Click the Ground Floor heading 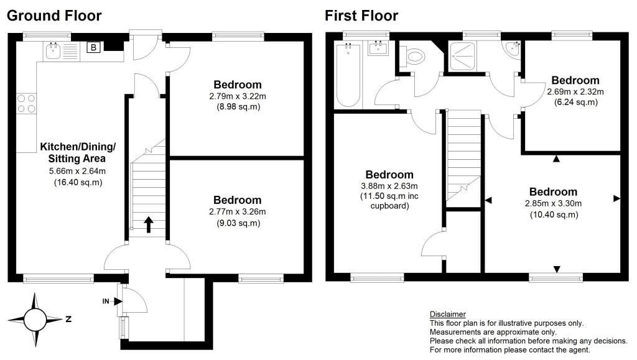pyautogui.click(x=54, y=16)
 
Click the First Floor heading pyautogui.click(x=361, y=16)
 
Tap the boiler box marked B pyautogui.click(x=93, y=47)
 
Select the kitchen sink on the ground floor pyautogui.click(x=53, y=51)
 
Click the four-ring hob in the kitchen pyautogui.click(x=26, y=103)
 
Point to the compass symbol pyautogui.click(x=35, y=320)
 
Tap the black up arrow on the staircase pyautogui.click(x=149, y=224)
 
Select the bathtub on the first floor pyautogui.click(x=346, y=75)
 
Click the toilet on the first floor pyautogui.click(x=413, y=58)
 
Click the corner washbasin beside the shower pyautogui.click(x=513, y=48)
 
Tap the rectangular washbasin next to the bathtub pyautogui.click(x=378, y=48)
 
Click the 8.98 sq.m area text pyautogui.click(x=237, y=106)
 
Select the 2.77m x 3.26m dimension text pyautogui.click(x=237, y=211)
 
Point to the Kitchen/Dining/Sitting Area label pyautogui.click(x=78, y=153)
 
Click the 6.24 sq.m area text pyautogui.click(x=575, y=102)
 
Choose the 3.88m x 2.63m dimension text pyautogui.click(x=389, y=186)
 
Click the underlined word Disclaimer pyautogui.click(x=447, y=314)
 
